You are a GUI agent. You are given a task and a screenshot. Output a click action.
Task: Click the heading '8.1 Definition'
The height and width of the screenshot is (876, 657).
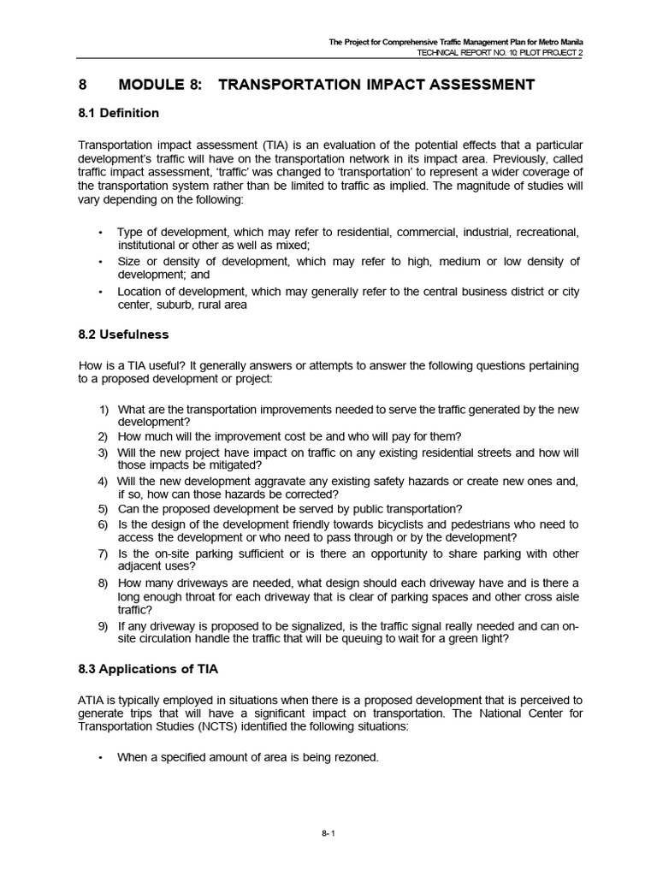click(x=119, y=113)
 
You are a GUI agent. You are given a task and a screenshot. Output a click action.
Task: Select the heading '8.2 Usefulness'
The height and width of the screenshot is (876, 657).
click(x=123, y=335)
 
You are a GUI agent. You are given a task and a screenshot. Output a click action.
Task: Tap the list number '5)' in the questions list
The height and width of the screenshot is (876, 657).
click(x=103, y=509)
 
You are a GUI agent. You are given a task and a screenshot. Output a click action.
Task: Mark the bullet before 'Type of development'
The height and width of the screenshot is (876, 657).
click(x=100, y=234)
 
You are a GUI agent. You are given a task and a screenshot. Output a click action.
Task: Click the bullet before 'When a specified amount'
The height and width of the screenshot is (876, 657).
click(x=100, y=758)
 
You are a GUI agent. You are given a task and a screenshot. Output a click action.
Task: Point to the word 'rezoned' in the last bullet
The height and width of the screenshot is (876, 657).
click(x=353, y=758)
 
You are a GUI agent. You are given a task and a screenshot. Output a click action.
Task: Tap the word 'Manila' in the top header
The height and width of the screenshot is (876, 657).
click(x=576, y=41)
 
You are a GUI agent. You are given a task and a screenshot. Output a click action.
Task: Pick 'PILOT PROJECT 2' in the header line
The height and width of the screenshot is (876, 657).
click(x=542, y=52)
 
